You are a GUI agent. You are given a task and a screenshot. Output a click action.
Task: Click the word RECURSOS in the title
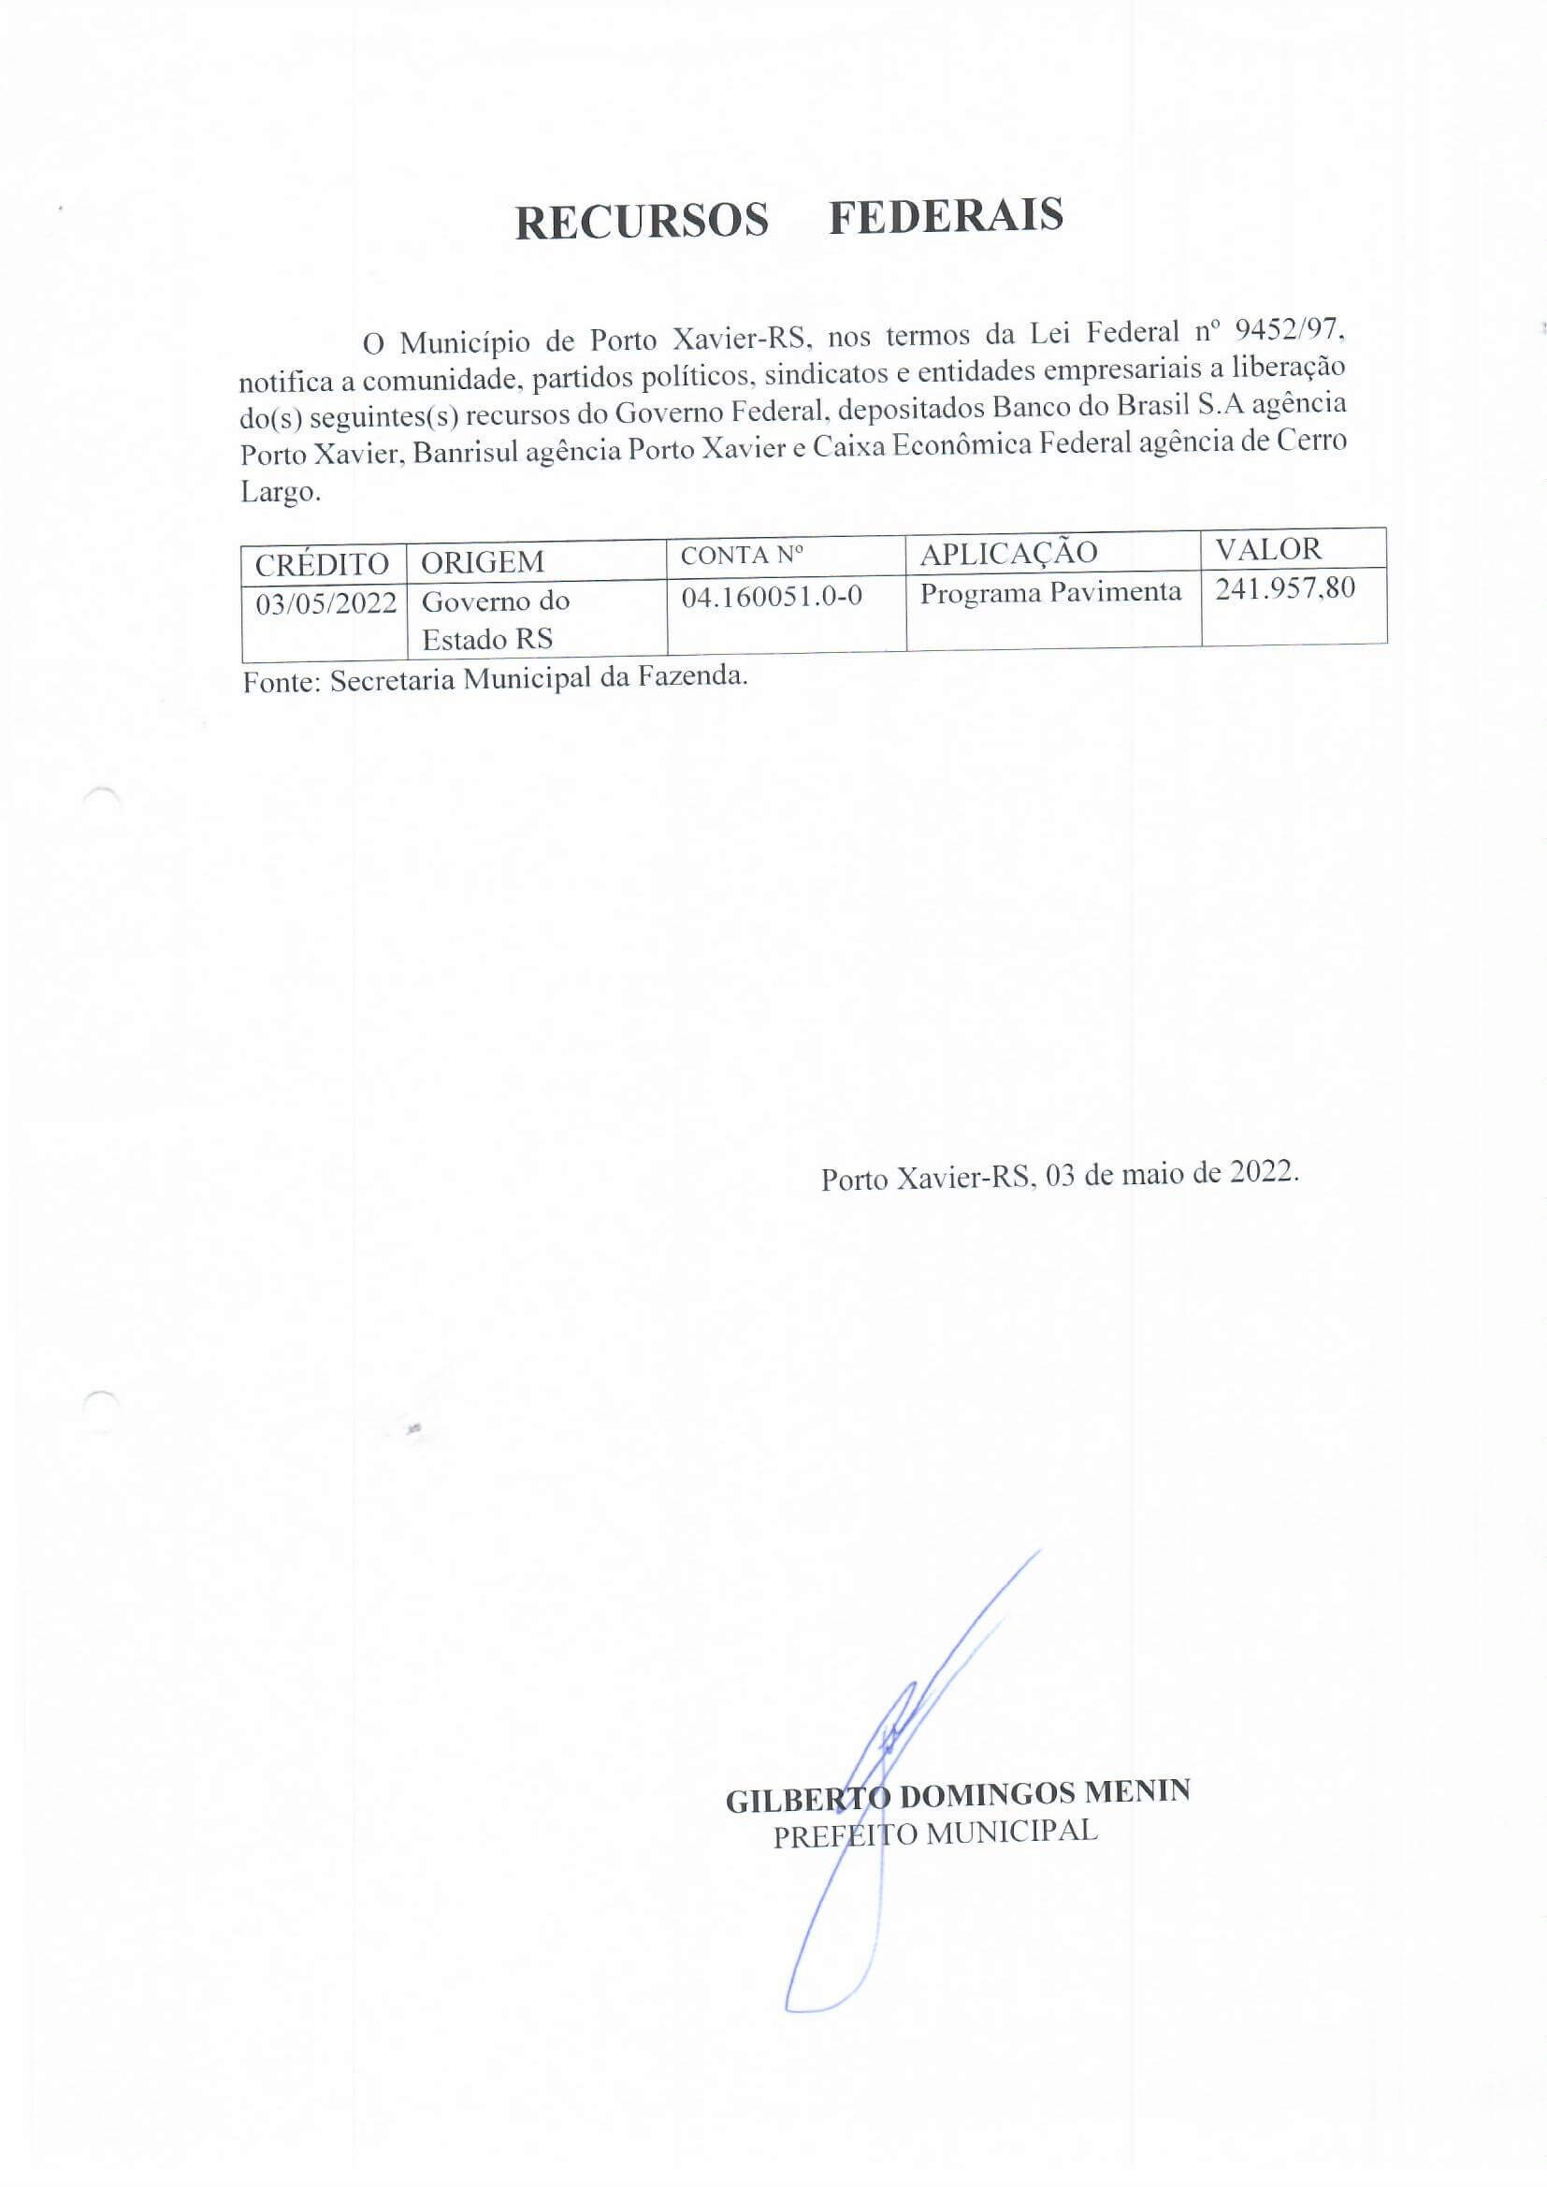click(641, 221)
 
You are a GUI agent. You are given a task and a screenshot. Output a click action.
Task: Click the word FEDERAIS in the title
click(945, 215)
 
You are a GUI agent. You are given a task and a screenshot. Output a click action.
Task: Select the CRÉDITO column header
click(321, 564)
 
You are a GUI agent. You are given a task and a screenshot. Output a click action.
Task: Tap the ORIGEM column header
click(482, 562)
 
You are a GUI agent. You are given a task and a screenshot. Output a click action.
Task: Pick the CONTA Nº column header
click(742, 556)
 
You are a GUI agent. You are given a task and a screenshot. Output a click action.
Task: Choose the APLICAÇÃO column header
click(1008, 553)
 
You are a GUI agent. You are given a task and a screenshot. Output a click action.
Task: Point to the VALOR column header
click(1268, 549)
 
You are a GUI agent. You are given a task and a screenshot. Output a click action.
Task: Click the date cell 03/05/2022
click(325, 604)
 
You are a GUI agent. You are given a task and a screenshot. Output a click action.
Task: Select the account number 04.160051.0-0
click(772, 596)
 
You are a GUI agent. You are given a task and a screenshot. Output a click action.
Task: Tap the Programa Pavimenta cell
click(1049, 592)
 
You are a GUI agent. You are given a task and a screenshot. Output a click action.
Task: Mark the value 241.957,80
click(1284, 587)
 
